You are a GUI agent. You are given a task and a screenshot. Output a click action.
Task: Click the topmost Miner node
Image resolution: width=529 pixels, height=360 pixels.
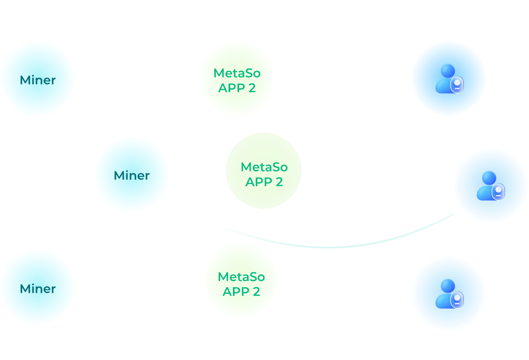(x=38, y=79)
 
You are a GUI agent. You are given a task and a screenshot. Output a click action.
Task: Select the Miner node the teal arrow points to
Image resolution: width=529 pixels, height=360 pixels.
(x=132, y=175)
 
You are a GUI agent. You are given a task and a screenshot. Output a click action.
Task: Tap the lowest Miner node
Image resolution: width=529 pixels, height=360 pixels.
(x=38, y=288)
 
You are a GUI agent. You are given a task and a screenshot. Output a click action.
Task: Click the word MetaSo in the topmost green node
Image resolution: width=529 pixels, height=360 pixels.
(x=237, y=73)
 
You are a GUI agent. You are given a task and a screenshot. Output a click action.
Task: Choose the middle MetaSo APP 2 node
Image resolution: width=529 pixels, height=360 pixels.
(x=264, y=174)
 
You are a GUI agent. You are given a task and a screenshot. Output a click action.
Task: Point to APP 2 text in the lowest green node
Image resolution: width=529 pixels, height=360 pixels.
(x=241, y=292)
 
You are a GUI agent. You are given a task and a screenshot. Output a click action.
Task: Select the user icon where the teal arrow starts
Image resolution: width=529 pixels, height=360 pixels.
(x=491, y=185)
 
